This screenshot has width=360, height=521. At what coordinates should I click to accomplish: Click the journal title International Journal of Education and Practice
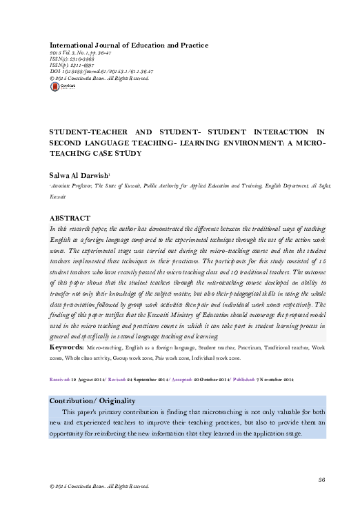[x=125, y=45]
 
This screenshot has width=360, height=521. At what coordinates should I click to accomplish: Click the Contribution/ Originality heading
[x=92, y=400]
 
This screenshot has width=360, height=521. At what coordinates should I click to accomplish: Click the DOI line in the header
[x=102, y=90]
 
